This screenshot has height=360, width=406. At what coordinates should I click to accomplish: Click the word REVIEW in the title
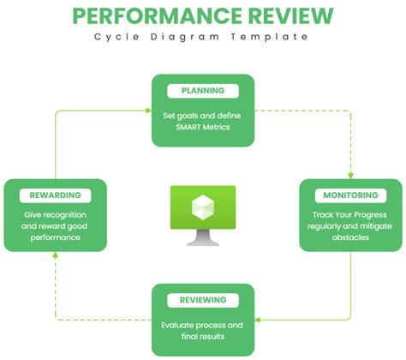(x=286, y=16)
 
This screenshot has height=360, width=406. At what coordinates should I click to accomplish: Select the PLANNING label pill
(x=202, y=91)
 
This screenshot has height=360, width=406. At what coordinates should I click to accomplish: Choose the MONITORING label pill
(x=350, y=195)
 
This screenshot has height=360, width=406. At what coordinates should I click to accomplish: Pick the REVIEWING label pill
(x=203, y=300)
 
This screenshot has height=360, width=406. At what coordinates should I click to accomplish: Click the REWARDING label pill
(x=55, y=195)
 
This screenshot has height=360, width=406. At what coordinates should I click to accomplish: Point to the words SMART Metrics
(x=203, y=127)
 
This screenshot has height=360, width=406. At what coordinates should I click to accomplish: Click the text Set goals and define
(x=203, y=114)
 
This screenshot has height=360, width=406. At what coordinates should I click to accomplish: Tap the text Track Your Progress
(x=350, y=213)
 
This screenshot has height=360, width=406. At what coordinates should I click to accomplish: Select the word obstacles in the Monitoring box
(x=350, y=237)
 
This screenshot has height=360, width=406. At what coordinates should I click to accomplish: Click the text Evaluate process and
(x=203, y=325)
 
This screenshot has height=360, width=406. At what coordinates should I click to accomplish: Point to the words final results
(x=203, y=337)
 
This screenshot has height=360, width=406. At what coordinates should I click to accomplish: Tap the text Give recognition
(x=55, y=213)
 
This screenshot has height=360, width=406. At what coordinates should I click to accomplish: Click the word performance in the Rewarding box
(x=55, y=237)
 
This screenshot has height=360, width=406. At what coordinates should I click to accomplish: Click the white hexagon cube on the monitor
(x=203, y=206)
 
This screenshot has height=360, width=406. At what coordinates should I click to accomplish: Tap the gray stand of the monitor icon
(x=203, y=238)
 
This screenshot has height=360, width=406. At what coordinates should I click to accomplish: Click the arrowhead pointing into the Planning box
(x=147, y=110)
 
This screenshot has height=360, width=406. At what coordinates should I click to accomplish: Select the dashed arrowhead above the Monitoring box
(x=351, y=173)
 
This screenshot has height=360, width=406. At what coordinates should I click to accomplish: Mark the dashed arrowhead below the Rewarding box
(x=56, y=257)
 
